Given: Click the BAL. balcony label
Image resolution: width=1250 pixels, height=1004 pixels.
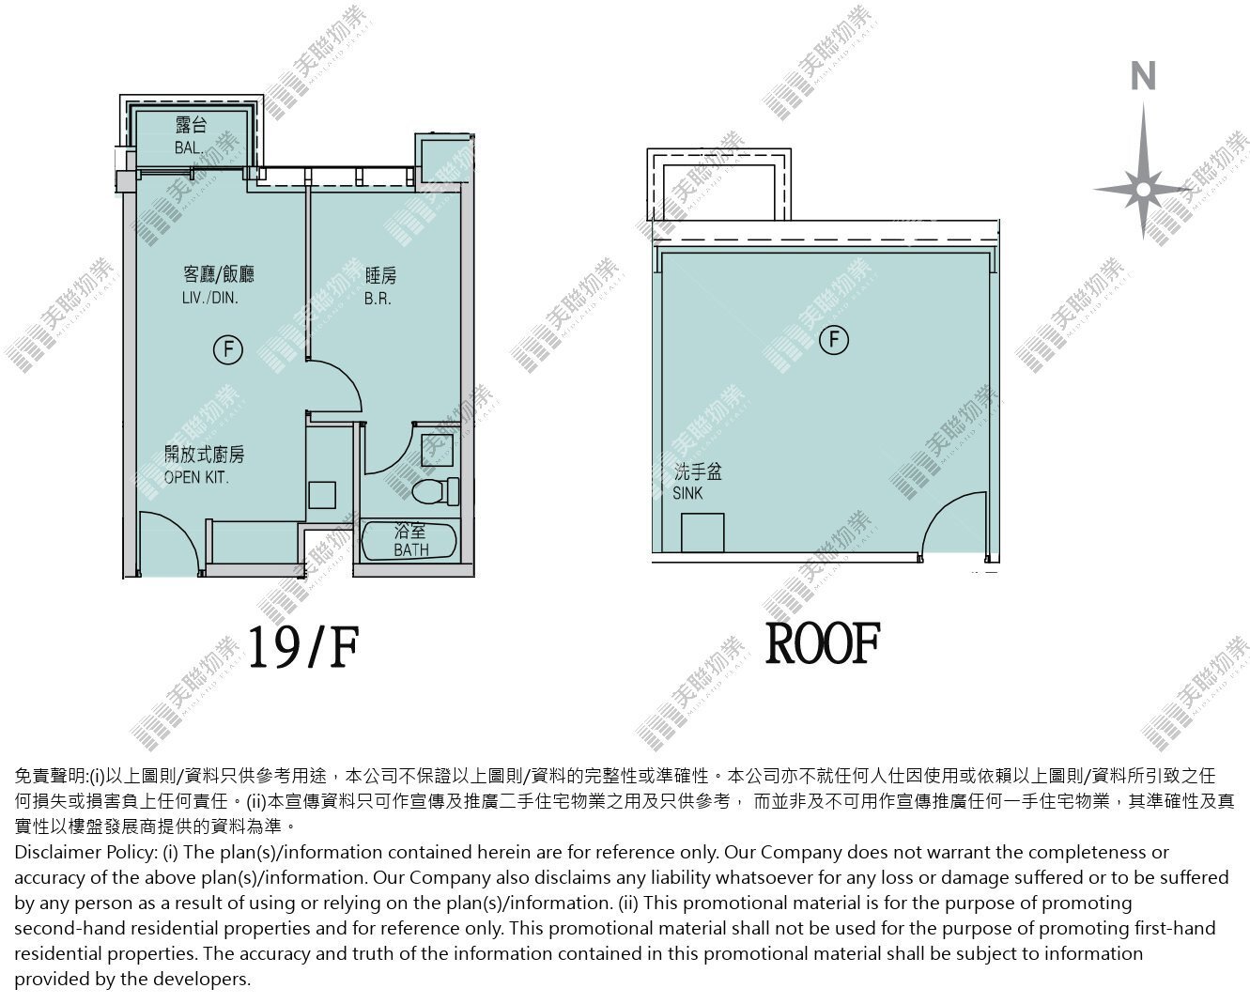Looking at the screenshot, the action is (x=189, y=147).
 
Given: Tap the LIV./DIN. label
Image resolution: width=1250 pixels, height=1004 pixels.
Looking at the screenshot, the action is (x=210, y=298).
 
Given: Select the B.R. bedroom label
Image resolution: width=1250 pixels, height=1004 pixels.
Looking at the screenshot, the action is (x=378, y=299).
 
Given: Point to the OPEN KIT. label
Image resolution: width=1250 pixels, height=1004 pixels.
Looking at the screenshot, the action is (x=196, y=478).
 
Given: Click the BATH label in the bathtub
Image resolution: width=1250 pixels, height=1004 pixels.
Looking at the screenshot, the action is (x=411, y=549).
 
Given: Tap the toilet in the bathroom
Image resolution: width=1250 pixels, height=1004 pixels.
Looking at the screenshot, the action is (x=436, y=491).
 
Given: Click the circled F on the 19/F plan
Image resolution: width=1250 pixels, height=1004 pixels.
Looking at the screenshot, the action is (x=228, y=349).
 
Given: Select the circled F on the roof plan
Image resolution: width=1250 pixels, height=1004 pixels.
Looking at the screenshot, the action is (x=834, y=340).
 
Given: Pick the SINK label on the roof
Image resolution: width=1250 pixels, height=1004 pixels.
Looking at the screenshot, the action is (x=687, y=493).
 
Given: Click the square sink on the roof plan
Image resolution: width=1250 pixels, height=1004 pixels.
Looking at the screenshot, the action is (x=702, y=533).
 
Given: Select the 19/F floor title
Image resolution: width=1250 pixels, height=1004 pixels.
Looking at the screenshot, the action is (x=303, y=647).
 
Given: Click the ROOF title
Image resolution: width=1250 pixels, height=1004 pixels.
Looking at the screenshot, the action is (x=823, y=643).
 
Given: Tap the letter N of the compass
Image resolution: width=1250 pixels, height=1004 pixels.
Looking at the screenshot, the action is (x=1143, y=76).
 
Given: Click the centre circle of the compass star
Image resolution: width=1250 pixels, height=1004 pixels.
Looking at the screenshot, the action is (x=1143, y=190).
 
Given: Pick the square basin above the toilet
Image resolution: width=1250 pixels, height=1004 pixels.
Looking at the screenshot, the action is (x=437, y=450).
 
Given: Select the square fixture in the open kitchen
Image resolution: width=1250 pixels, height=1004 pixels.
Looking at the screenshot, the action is (x=322, y=495).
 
